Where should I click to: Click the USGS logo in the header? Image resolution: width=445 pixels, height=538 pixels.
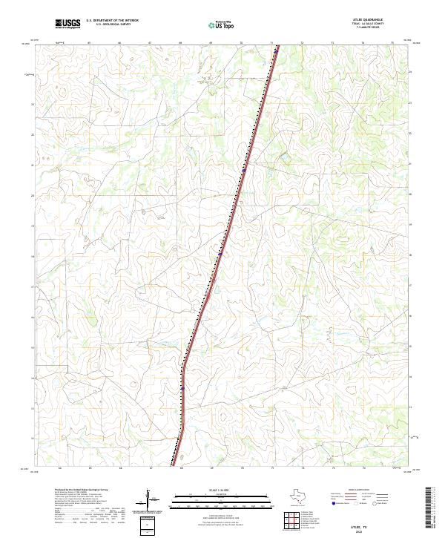pyautogui.click(x=67, y=24)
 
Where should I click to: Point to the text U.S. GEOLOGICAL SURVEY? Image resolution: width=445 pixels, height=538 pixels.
pyautogui.click(x=112, y=25)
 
